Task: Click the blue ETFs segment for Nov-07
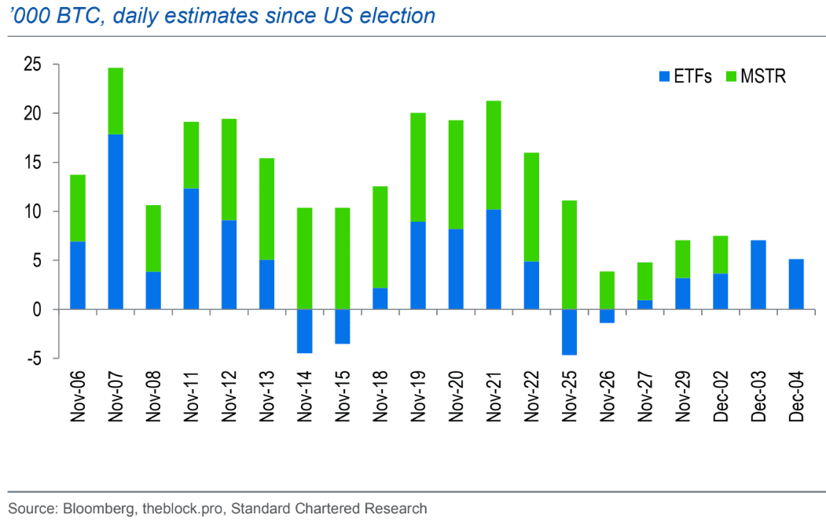click(x=116, y=222)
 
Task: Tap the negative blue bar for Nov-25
click(x=569, y=332)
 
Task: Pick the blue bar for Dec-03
click(x=758, y=274)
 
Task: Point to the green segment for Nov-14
click(x=304, y=259)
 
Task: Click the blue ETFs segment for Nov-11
click(x=191, y=248)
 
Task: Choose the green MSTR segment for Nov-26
click(x=607, y=290)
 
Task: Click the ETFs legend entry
click(x=685, y=76)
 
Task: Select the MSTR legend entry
click(x=755, y=76)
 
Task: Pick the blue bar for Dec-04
click(x=796, y=284)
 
